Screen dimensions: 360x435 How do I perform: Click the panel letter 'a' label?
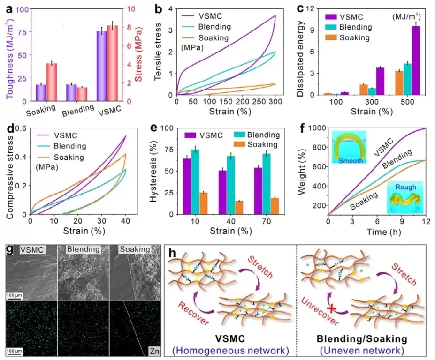(7, 7)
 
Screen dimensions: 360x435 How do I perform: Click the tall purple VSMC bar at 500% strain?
(416, 60)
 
